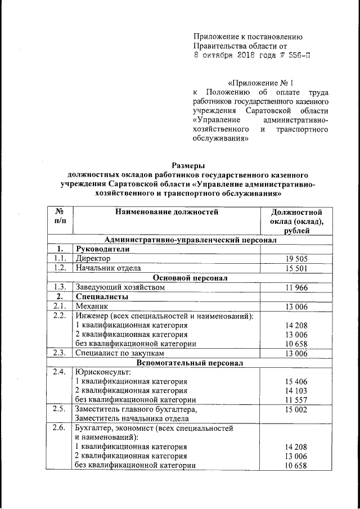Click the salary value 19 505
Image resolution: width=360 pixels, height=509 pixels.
pyautogui.click(x=296, y=259)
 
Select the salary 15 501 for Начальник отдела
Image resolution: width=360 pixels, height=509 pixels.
pyautogui.click(x=296, y=268)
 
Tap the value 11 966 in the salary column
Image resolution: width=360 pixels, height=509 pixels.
pyautogui.click(x=296, y=287)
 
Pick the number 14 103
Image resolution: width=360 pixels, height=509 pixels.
pyautogui.click(x=296, y=391)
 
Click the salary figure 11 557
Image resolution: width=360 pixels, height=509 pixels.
pyautogui.click(x=296, y=400)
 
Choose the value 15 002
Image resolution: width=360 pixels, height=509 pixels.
pyautogui.click(x=296, y=409)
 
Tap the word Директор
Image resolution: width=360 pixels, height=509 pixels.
pyautogui.click(x=94, y=259)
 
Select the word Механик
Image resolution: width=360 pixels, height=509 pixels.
pyautogui.click(x=93, y=307)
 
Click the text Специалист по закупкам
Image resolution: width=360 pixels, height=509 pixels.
pyautogui.click(x=120, y=353)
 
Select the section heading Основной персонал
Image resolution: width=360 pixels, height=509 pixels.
pyautogui.click(x=190, y=278)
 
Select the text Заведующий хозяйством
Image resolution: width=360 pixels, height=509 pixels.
pyautogui.click(x=120, y=287)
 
